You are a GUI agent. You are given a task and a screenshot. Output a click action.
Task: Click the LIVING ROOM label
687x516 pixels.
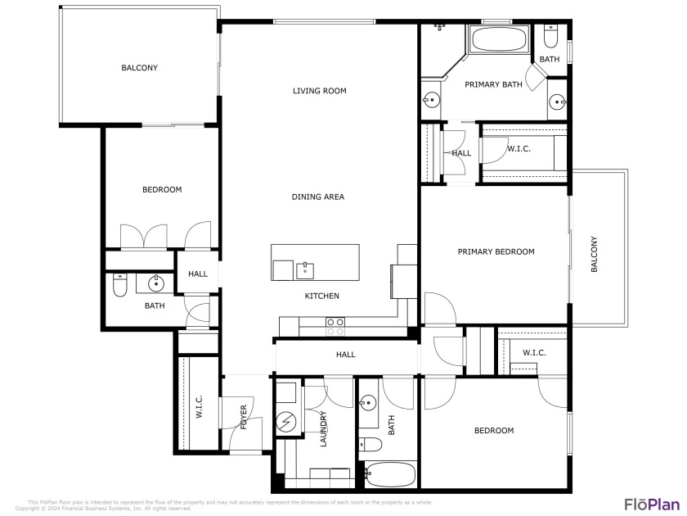click(320, 91)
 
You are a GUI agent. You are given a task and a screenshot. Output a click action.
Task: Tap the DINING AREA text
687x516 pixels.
click(318, 197)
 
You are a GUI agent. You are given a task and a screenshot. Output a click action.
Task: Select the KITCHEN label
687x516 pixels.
click(322, 296)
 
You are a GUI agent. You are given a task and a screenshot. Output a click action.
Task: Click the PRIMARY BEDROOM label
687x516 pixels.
click(496, 251)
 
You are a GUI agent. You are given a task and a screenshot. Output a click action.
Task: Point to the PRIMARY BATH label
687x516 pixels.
click(493, 84)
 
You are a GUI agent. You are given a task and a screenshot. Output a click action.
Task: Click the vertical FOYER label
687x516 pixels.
click(244, 418)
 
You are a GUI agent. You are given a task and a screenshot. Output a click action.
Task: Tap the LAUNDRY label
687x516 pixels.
click(323, 428)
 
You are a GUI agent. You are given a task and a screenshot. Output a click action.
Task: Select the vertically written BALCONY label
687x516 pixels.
click(595, 254)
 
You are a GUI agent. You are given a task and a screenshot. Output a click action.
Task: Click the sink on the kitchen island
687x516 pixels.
click(305, 269)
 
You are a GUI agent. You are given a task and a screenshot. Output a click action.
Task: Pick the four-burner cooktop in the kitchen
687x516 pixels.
click(335, 326)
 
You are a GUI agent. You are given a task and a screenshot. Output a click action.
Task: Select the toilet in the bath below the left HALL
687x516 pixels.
click(119, 285)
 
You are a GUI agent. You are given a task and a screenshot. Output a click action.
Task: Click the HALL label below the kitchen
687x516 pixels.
click(345, 355)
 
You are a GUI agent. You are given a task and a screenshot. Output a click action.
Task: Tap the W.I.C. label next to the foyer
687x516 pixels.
click(199, 407)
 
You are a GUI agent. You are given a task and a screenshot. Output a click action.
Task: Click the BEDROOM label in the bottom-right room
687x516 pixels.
click(494, 431)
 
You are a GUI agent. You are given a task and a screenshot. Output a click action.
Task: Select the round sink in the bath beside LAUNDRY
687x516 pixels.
click(368, 402)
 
